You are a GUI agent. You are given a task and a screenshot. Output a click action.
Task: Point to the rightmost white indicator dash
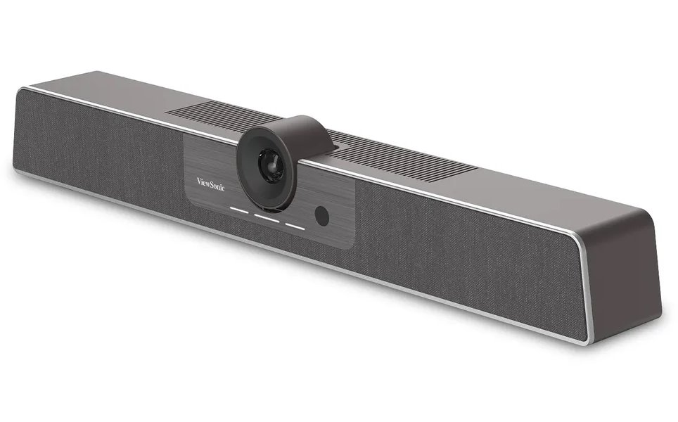(294, 226)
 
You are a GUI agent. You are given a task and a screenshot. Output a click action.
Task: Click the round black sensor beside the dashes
(321, 217)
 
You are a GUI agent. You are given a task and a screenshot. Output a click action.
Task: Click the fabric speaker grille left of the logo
(98, 148)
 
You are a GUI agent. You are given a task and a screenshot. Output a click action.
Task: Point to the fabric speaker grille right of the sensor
(464, 253)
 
